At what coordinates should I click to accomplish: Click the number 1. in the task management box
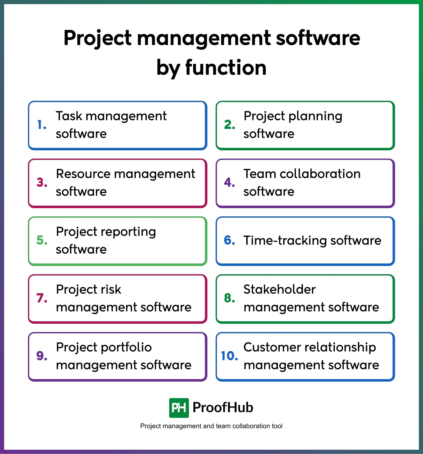pyautogui.click(x=42, y=125)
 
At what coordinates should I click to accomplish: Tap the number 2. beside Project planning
pyautogui.click(x=229, y=125)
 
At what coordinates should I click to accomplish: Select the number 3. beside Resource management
pyautogui.click(x=42, y=183)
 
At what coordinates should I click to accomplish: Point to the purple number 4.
pyautogui.click(x=229, y=183)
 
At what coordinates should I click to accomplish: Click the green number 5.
pyautogui.click(x=42, y=240)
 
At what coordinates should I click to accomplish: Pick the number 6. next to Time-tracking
pyautogui.click(x=229, y=240)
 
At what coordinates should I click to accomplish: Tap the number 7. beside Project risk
pyautogui.click(x=42, y=298)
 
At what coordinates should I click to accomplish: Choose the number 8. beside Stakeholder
pyautogui.click(x=229, y=298)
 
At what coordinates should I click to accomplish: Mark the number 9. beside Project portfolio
pyautogui.click(x=42, y=356)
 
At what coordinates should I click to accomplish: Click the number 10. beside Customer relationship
pyautogui.click(x=229, y=356)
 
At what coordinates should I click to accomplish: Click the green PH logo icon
pyautogui.click(x=179, y=408)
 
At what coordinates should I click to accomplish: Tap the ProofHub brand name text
pyautogui.click(x=223, y=407)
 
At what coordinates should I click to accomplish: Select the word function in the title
pyautogui.click(x=226, y=67)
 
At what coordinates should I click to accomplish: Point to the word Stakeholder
pyautogui.click(x=280, y=289)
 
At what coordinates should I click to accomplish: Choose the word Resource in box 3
pyautogui.click(x=83, y=174)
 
